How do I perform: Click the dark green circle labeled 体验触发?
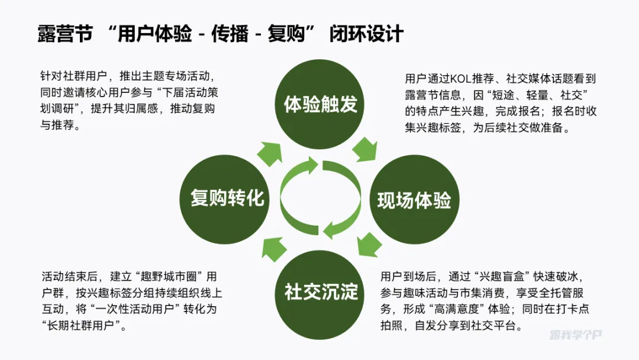321,105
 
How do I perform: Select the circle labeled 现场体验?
414,200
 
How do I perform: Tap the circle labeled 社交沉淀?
321,291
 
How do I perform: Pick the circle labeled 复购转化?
227,198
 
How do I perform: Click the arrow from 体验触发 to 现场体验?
365,149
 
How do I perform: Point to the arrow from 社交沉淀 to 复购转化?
274,247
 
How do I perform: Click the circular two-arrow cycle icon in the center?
320,198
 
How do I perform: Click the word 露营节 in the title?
65,34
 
